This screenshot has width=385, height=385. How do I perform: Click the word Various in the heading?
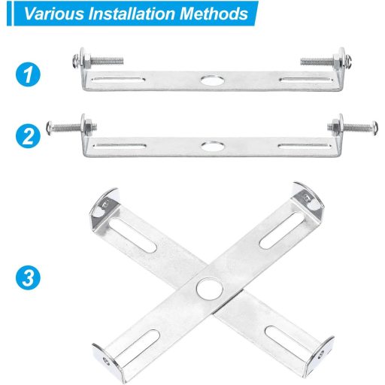click(54, 14)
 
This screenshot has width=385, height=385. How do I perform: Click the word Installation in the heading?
click(132, 14)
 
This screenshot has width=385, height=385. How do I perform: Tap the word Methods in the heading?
click(214, 14)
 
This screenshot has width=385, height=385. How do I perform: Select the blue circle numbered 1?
click(28, 74)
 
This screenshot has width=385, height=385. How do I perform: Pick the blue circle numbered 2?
click(28, 136)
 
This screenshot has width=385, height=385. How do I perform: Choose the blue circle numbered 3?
click(28, 277)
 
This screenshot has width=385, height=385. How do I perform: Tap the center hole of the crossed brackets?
click(210, 288)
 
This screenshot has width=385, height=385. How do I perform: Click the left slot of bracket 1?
click(118, 80)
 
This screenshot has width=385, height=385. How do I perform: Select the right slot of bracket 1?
click(306, 80)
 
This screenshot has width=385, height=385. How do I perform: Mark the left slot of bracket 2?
click(120, 146)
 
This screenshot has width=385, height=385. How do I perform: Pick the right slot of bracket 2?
click(305, 146)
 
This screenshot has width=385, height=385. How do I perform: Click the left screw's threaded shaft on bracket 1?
click(107, 61)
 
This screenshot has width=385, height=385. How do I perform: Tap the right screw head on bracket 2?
click(375, 129)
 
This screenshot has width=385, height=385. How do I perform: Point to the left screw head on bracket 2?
click(49, 128)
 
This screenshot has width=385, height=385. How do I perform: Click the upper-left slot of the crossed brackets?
click(133, 235)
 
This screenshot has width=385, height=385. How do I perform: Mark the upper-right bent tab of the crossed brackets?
click(308, 198)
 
